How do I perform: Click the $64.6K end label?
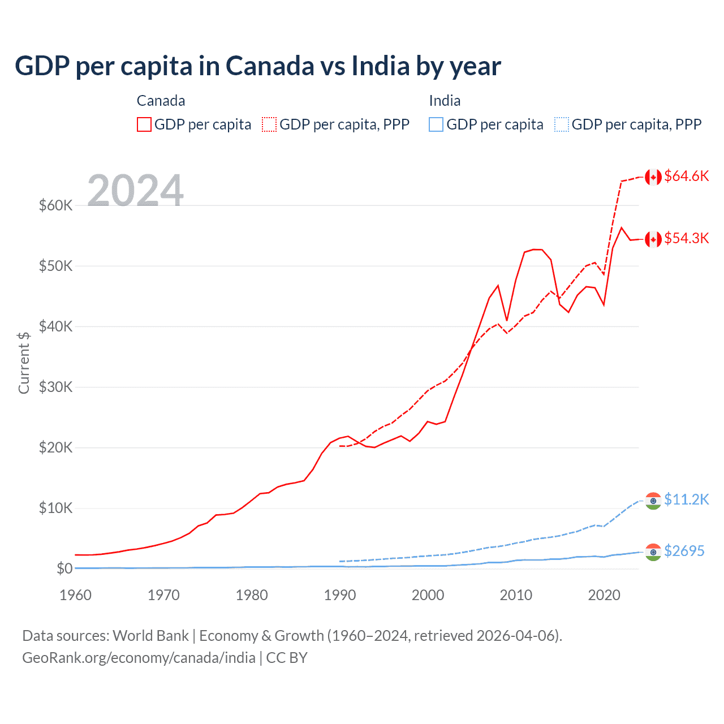coord(686,176)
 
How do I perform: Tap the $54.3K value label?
coord(686,238)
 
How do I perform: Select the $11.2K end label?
coord(686,499)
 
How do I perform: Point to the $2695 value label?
coord(684,551)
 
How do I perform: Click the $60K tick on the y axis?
coord(55,205)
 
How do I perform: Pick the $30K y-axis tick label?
coord(55,387)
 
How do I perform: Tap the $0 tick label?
coord(64,568)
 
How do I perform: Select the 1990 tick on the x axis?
coord(340,595)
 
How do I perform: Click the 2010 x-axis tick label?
coord(516,595)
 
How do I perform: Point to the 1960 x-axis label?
coord(75,595)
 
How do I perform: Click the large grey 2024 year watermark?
coord(135,191)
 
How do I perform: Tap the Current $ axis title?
coord(24,363)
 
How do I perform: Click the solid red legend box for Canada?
coord(144,124)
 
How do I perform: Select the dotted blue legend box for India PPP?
coord(562,124)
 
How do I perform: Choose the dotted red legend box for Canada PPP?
coord(269,124)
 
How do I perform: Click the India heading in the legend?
coord(445,101)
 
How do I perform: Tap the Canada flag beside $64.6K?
coord(653,177)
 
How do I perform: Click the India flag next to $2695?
coord(653,551)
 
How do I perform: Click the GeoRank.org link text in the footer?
coord(139,658)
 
